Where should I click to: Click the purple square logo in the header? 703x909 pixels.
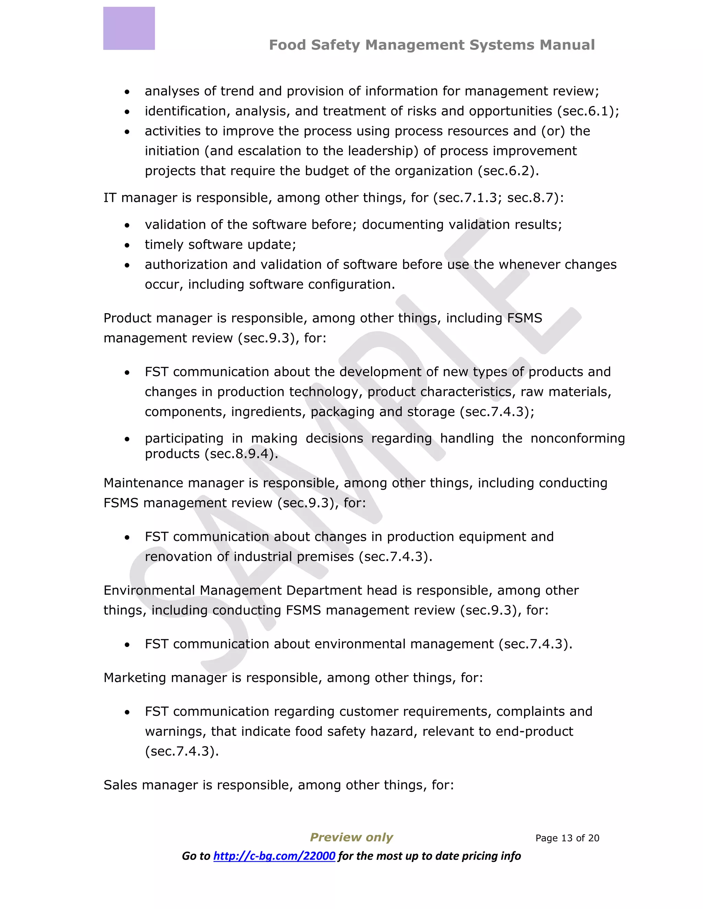[129, 28]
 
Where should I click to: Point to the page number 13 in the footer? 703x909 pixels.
[567, 838]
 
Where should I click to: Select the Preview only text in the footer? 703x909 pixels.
[351, 837]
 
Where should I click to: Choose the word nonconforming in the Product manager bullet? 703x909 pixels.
[578, 438]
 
